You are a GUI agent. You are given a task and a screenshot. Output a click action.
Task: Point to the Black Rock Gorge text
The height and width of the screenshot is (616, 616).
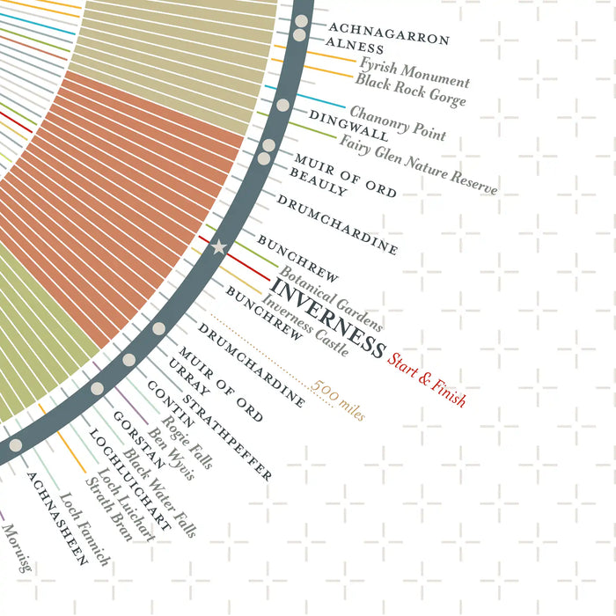[x=410, y=91]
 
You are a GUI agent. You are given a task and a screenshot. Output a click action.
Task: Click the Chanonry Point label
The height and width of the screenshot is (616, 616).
[x=398, y=122]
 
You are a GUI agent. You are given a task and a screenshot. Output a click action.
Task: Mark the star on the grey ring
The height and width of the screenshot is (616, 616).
[x=219, y=248]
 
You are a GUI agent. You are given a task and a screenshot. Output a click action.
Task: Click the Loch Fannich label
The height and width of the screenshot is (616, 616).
[x=84, y=527]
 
